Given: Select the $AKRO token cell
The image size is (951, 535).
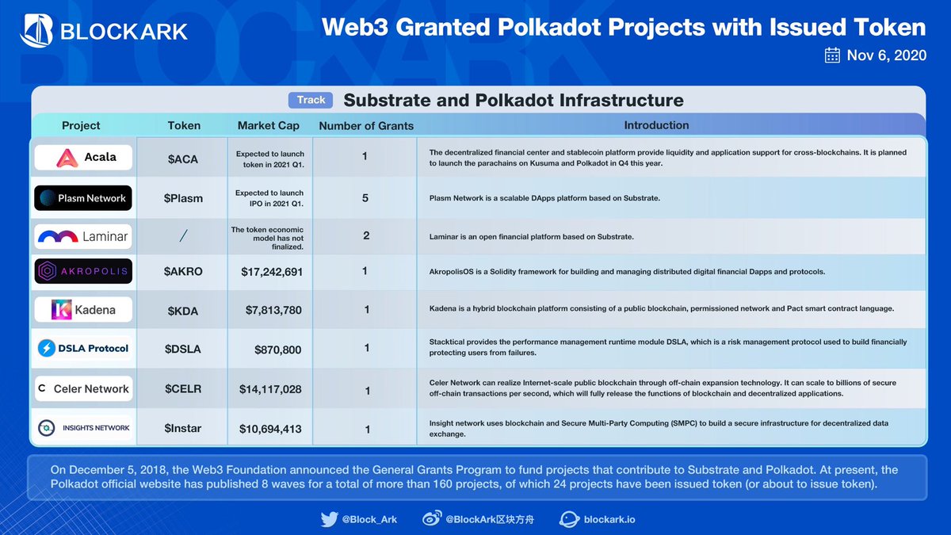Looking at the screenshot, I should pos(184,271).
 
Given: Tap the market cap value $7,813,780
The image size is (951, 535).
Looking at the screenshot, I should pos(271,310).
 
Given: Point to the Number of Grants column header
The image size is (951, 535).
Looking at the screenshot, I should pos(365,125).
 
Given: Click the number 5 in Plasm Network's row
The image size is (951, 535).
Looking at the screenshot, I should pos(365,197).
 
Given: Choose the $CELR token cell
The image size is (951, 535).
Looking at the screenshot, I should pos(184,389).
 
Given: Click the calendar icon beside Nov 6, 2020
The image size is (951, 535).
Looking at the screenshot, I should pos(832,55).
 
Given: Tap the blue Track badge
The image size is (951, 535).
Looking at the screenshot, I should pos(311,100).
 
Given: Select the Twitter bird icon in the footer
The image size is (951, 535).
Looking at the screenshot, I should pos(330,520).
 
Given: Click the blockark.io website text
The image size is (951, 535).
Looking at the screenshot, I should pos(609,520).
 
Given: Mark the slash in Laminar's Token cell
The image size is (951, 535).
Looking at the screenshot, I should pos(184,236).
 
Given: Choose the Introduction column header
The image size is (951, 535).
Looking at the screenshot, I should pos(656,125).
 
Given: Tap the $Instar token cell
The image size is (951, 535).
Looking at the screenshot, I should pos(184,429).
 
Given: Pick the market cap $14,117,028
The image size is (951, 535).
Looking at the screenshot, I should pos(271,389).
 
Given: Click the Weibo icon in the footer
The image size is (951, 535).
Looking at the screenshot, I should pos(430,520).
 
